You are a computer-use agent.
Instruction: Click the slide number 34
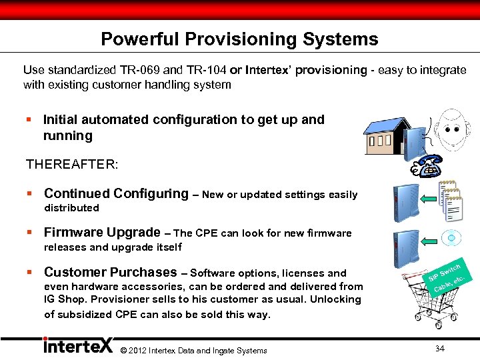(x=439, y=349)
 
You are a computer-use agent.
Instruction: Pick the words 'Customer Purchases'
(x=110, y=272)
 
